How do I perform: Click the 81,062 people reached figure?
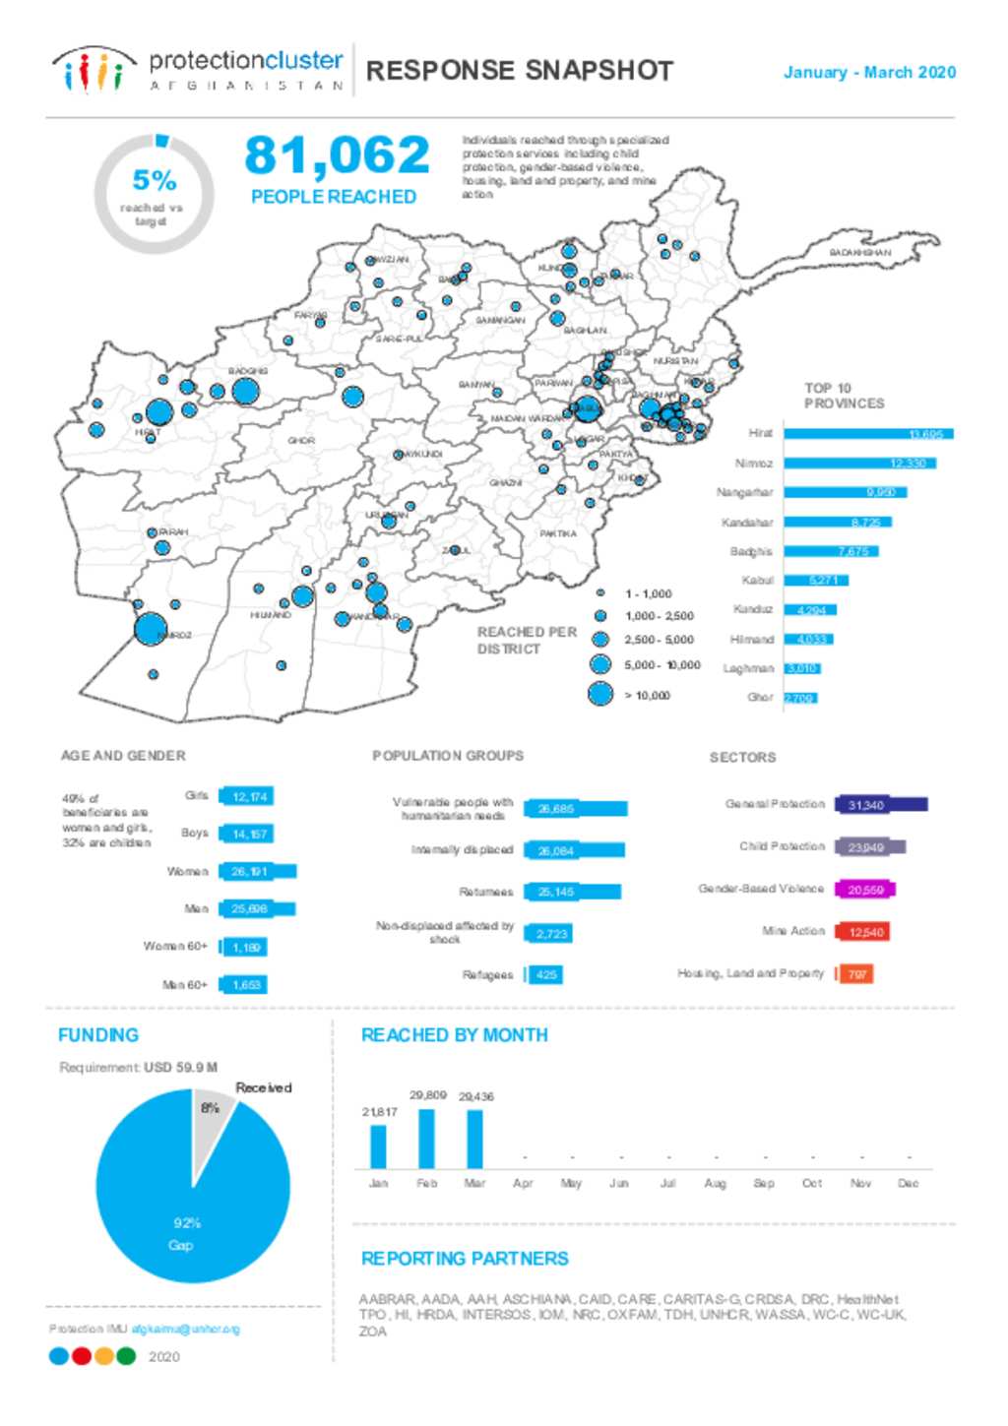[337, 155]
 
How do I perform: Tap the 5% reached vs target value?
[155, 181]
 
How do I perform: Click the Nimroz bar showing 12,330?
[859, 464]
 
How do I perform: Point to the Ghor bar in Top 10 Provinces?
[800, 698]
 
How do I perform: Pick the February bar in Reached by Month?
[426, 1139]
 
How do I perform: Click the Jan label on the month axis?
[378, 1183]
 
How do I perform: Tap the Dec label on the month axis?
[908, 1183]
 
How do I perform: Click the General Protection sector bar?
[881, 805]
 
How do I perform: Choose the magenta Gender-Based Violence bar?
[865, 890]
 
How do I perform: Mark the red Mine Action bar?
[863, 932]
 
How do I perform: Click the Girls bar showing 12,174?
[246, 796]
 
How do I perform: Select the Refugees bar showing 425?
[544, 974]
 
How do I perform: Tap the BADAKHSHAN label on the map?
[859, 253]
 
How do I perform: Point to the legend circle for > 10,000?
[600, 694]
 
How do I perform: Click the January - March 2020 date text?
[869, 73]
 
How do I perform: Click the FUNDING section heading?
[98, 1035]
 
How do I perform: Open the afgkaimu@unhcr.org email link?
[185, 1329]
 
